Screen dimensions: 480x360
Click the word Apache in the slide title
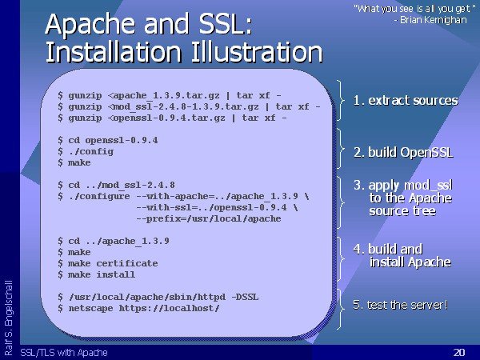click(x=90, y=25)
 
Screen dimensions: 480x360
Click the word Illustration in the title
click(x=257, y=52)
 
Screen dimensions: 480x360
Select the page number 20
click(x=459, y=352)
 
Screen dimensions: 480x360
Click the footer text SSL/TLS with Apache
click(x=64, y=353)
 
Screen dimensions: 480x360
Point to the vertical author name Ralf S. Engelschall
click(x=9, y=318)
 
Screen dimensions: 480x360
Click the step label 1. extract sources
click(x=406, y=101)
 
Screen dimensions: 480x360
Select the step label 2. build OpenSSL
click(x=403, y=152)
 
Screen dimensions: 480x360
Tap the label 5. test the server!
click(x=400, y=305)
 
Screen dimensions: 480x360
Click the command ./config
click(x=90, y=151)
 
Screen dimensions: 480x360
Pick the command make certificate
click(x=113, y=263)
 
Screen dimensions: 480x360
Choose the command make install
click(x=102, y=274)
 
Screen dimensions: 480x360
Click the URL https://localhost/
click(x=170, y=308)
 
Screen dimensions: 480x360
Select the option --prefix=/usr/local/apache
click(x=209, y=218)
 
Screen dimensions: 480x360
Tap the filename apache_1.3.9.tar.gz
click(x=166, y=96)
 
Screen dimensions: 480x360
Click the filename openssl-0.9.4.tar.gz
click(x=169, y=118)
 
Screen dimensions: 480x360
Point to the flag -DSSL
click(x=245, y=297)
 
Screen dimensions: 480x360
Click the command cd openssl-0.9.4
click(x=113, y=140)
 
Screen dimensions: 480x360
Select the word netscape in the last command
click(x=90, y=308)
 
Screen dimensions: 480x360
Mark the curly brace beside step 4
click(x=341, y=258)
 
